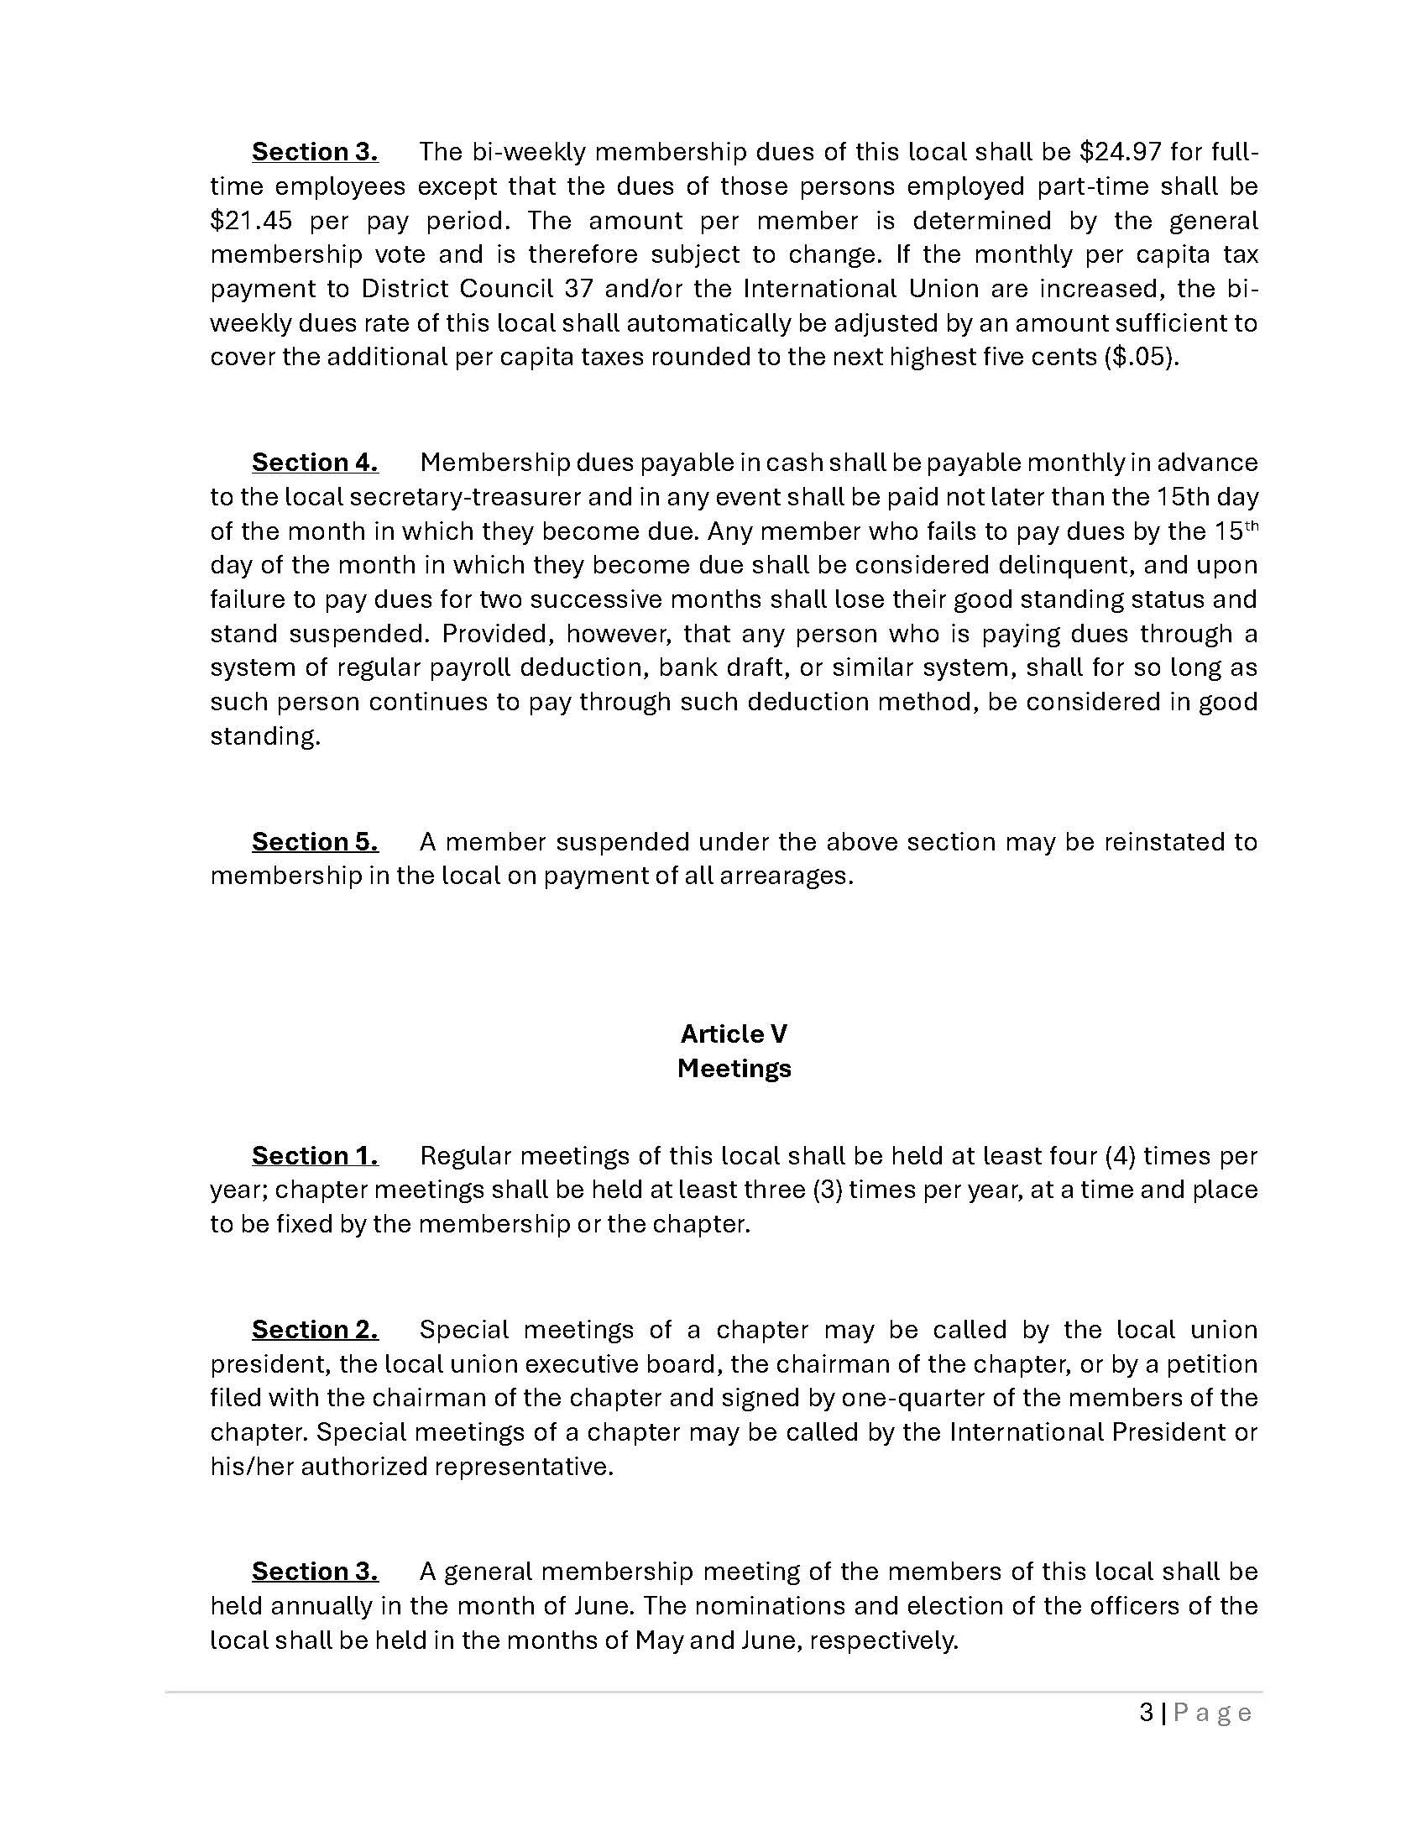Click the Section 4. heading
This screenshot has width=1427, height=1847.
click(x=315, y=463)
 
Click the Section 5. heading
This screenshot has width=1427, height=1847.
click(x=315, y=841)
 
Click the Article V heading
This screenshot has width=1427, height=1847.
click(x=733, y=1033)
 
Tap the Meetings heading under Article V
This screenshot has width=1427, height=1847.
click(x=733, y=1068)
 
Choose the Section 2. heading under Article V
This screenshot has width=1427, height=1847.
click(x=315, y=1330)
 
